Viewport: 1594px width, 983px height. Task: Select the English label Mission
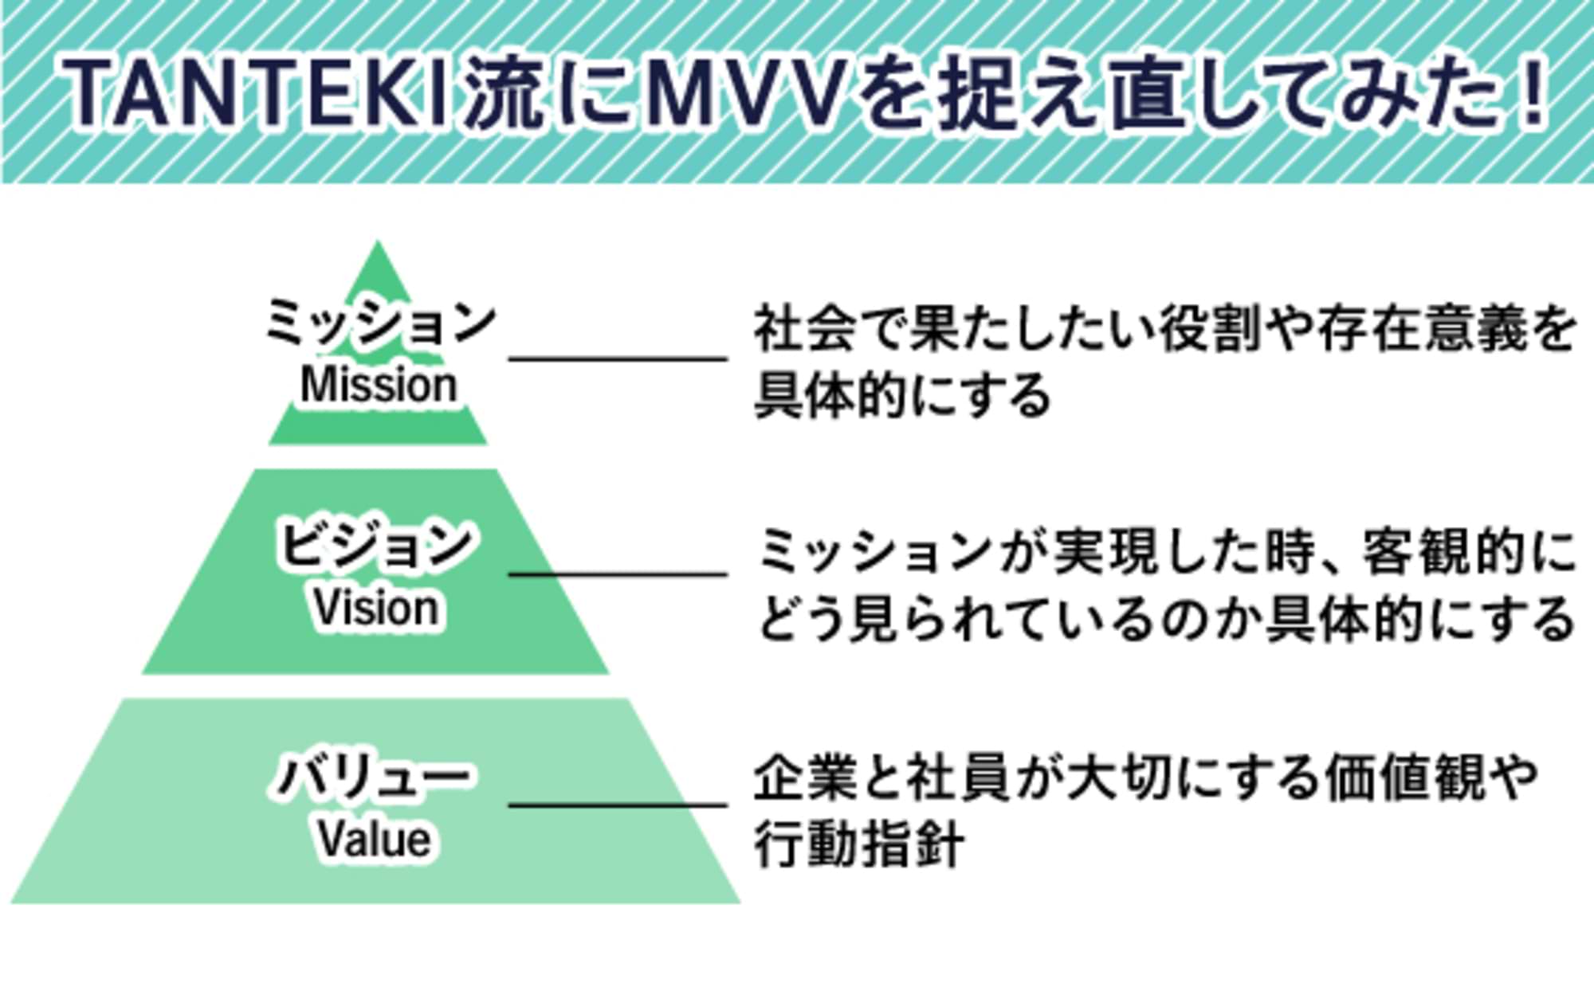point(379,386)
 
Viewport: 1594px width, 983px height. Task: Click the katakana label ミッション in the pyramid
point(379,323)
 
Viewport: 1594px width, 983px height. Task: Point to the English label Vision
point(375,609)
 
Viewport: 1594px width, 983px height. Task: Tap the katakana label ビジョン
point(375,546)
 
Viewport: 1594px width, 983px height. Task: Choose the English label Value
point(375,839)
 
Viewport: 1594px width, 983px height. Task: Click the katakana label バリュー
point(373,777)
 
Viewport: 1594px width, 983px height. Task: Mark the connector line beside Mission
point(618,359)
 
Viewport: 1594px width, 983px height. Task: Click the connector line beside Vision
point(618,574)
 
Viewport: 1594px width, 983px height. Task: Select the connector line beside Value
point(618,805)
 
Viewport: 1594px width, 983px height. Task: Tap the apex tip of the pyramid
point(378,247)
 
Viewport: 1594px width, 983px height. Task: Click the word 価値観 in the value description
point(1404,777)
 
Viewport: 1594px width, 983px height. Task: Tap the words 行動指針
point(859,844)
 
